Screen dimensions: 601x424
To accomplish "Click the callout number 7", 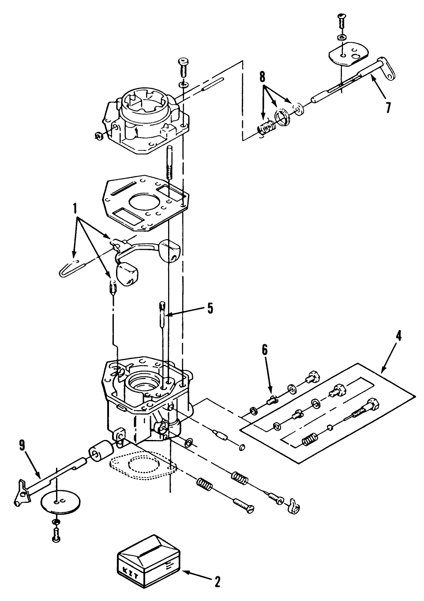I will tap(387, 107).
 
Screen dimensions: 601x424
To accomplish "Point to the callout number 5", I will tap(210, 308).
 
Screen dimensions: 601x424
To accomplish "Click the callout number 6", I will tap(265, 349).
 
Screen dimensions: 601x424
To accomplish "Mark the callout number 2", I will tap(217, 582).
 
